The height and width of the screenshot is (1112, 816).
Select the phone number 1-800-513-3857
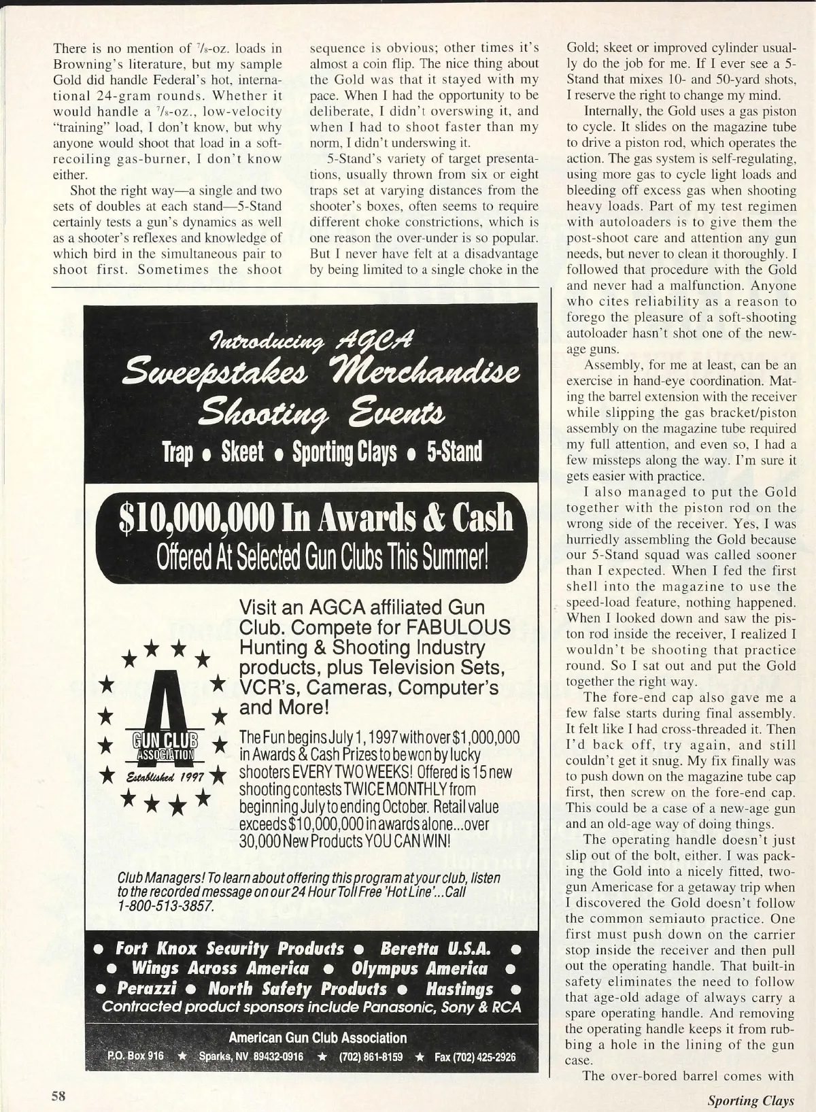[x=167, y=907]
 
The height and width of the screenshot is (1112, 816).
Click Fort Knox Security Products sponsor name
[x=230, y=948]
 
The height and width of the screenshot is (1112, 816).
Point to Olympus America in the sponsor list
[x=420, y=968]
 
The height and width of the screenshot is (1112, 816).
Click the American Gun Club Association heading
[x=318, y=1038]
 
